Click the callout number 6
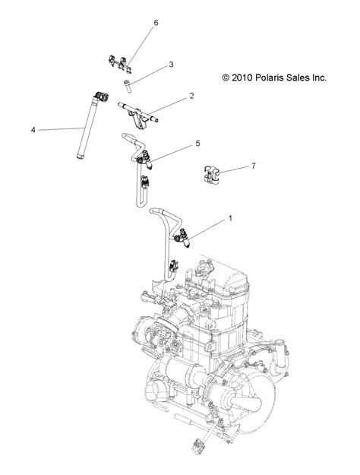156,24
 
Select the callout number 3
172,65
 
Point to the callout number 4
33,130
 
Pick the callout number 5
197,142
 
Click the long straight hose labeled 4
85,134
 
